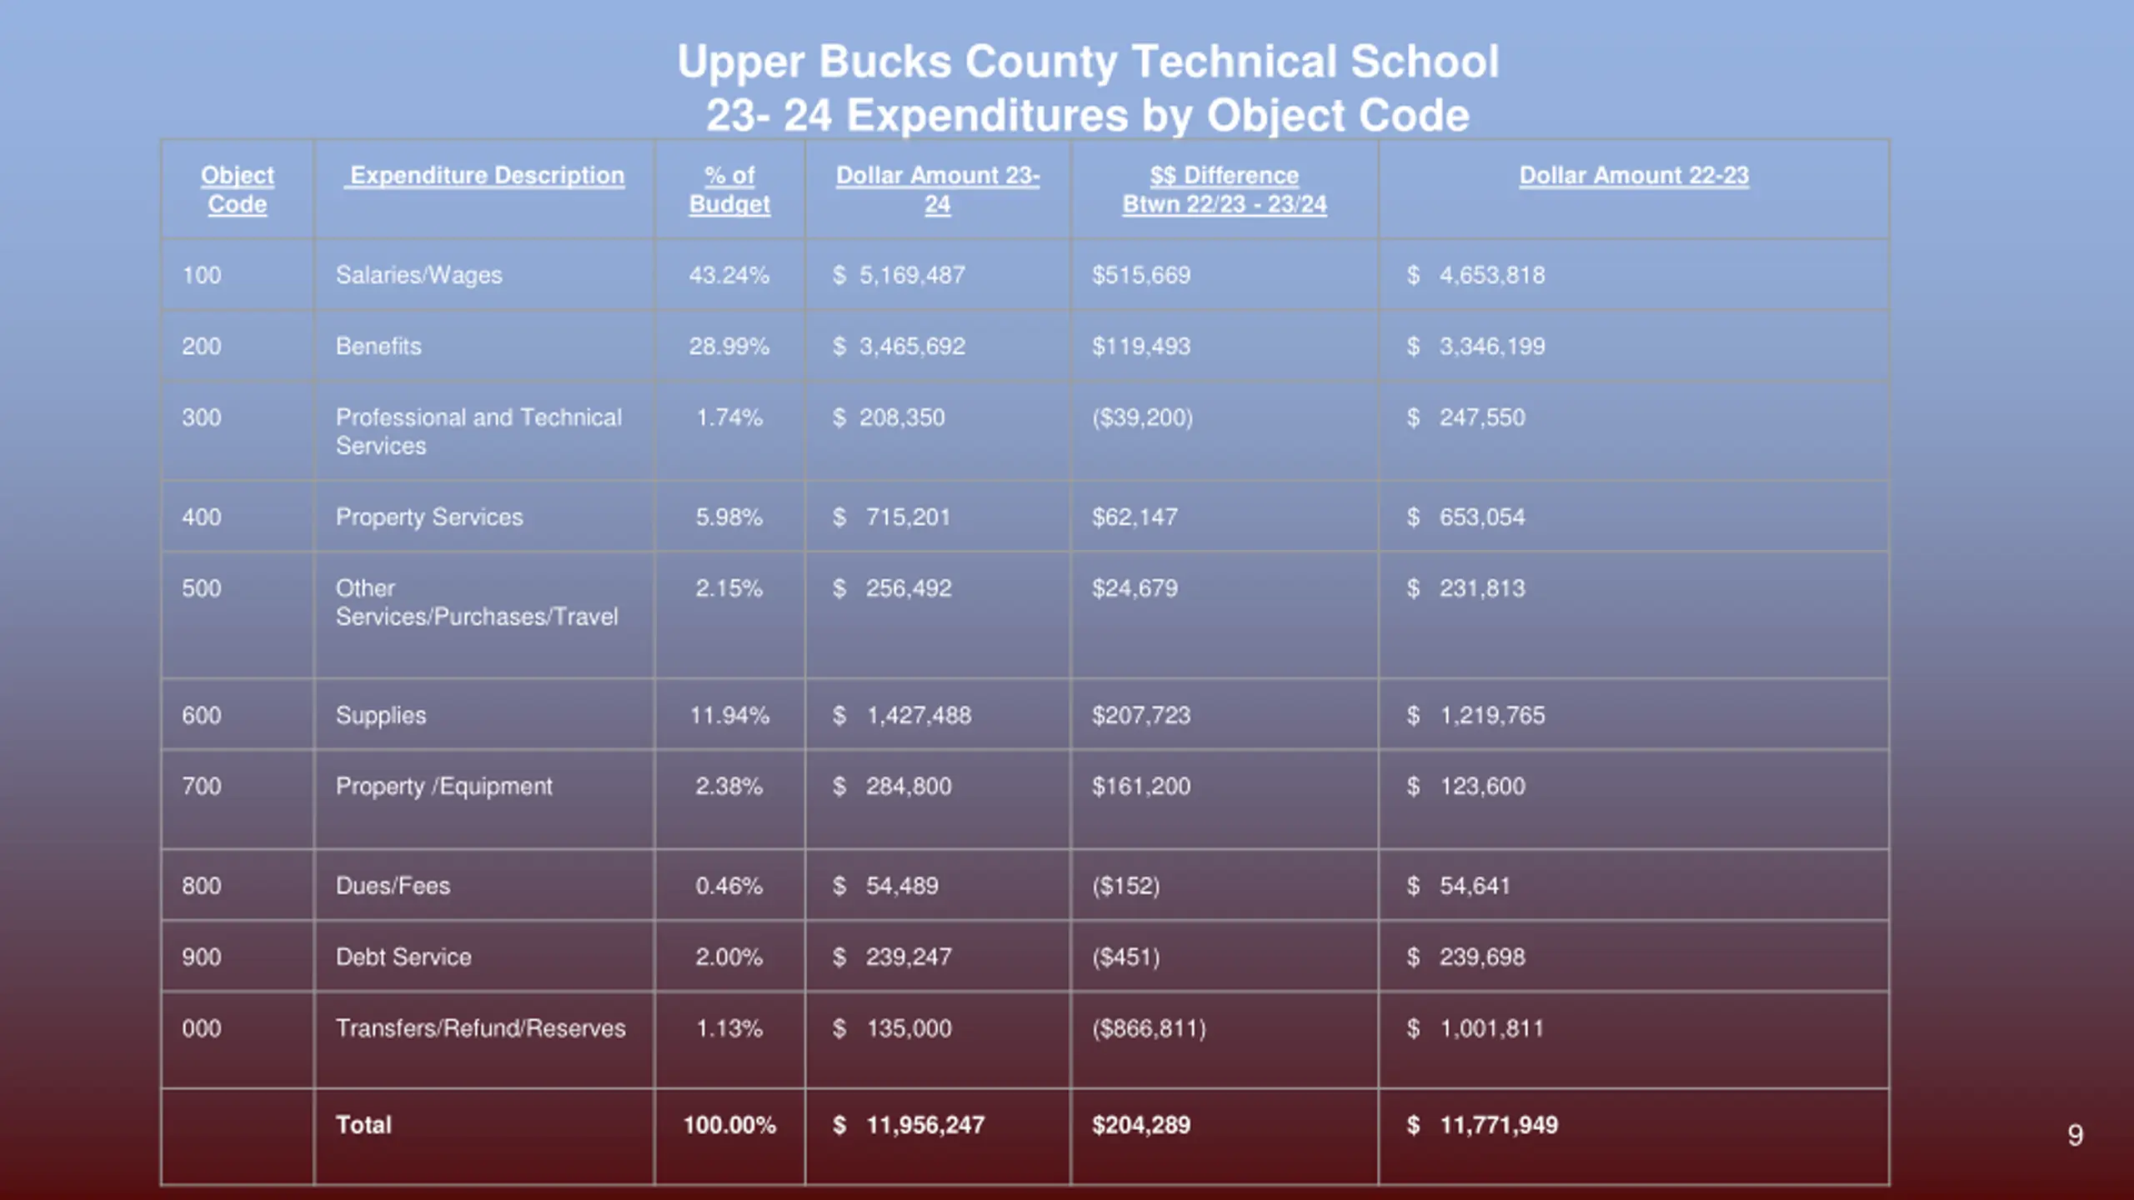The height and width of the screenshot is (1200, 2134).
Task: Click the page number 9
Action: (2075, 1135)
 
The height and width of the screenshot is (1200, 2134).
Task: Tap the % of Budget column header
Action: (729, 190)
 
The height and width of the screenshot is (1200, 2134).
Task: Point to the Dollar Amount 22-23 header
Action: (1634, 176)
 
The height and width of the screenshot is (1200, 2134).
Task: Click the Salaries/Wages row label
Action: (418, 275)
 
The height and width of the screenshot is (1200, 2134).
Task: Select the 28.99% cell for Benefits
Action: (729, 347)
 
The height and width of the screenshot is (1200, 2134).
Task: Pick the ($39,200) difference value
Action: (1142, 417)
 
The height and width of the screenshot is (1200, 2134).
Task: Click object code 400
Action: (202, 517)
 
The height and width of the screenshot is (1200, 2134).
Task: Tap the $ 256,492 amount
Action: (892, 588)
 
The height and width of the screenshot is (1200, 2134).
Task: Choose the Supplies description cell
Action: (381, 716)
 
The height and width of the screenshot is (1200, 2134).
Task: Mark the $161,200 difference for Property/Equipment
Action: (1141, 787)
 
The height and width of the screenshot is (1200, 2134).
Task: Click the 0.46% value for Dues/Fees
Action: (729, 886)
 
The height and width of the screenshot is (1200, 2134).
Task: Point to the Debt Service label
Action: (403, 957)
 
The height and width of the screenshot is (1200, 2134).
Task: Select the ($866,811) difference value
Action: (1149, 1028)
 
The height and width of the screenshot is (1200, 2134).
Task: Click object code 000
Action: (202, 1028)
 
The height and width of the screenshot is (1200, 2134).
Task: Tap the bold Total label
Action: (363, 1125)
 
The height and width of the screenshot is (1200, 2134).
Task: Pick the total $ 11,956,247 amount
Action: (909, 1126)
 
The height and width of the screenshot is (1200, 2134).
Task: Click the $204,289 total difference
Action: (1141, 1126)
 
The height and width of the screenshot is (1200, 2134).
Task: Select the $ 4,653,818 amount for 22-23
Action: (1475, 275)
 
